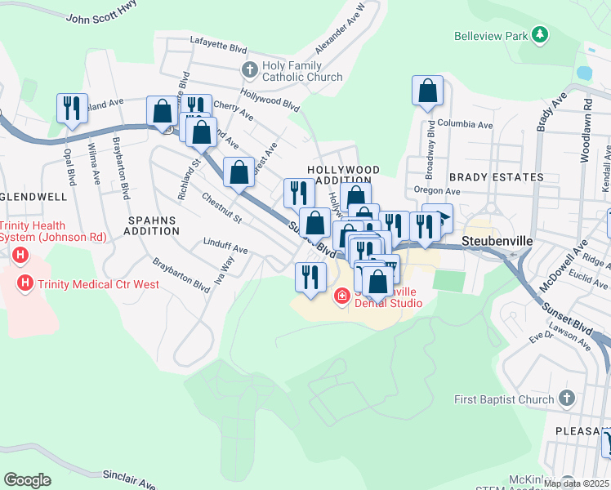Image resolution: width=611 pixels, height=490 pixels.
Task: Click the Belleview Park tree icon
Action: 539,35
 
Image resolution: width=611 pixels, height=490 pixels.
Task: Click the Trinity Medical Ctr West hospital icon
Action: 25,283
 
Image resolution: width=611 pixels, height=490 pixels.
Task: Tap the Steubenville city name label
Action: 497,242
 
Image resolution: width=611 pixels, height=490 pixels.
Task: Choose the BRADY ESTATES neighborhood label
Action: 495,177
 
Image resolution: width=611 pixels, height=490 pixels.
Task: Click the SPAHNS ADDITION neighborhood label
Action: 153,225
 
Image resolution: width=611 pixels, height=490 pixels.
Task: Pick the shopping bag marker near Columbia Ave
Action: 428,91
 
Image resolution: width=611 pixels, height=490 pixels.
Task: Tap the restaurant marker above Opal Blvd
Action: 71,109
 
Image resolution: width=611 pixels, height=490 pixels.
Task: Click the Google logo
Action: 27,480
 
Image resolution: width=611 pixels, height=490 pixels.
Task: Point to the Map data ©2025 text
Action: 576,483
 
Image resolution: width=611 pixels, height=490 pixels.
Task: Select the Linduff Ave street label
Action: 225,247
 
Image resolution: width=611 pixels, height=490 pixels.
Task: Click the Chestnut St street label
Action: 221,208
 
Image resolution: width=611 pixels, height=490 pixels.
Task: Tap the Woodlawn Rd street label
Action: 586,131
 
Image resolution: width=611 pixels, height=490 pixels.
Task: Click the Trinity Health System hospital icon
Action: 20,256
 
